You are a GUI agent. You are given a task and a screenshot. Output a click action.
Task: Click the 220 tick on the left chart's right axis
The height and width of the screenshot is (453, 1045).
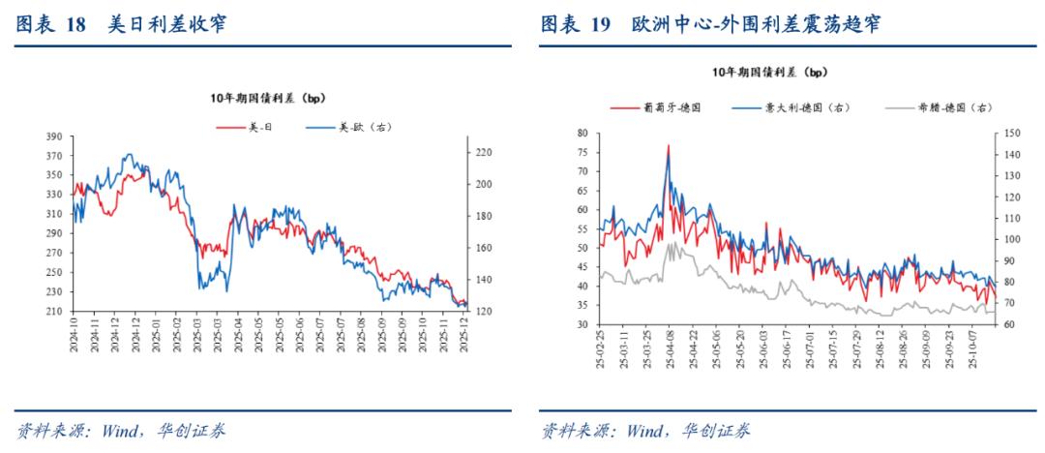pyautogui.click(x=483, y=153)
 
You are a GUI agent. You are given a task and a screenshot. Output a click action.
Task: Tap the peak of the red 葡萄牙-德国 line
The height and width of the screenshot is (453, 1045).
pyautogui.click(x=668, y=146)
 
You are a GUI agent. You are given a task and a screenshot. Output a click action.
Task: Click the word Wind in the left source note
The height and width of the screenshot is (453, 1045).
pyautogui.click(x=121, y=431)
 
